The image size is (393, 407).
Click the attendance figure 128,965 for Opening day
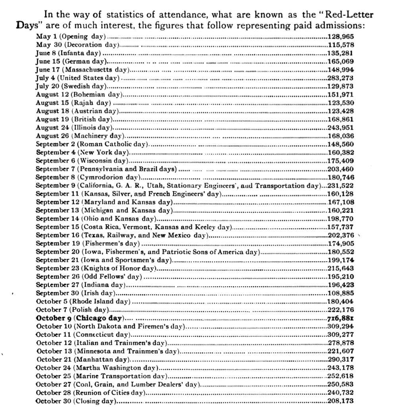[x=340, y=37]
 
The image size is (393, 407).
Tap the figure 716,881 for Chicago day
[x=340, y=318]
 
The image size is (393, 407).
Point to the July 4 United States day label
[x=78, y=78]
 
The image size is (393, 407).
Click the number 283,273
[x=340, y=78]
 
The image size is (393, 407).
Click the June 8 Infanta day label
[x=69, y=53]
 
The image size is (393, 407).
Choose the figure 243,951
[x=340, y=128]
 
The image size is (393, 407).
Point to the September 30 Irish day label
[x=75, y=293]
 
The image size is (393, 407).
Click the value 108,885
[x=340, y=293]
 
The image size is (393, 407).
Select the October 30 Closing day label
[x=76, y=401]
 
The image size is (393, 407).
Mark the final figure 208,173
[x=340, y=401]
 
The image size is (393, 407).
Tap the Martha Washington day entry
[x=97, y=367]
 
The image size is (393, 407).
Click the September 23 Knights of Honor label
[x=95, y=268]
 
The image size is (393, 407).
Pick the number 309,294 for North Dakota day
[x=340, y=326]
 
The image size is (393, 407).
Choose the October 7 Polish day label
[x=72, y=310]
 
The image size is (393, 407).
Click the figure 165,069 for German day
[x=340, y=62]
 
